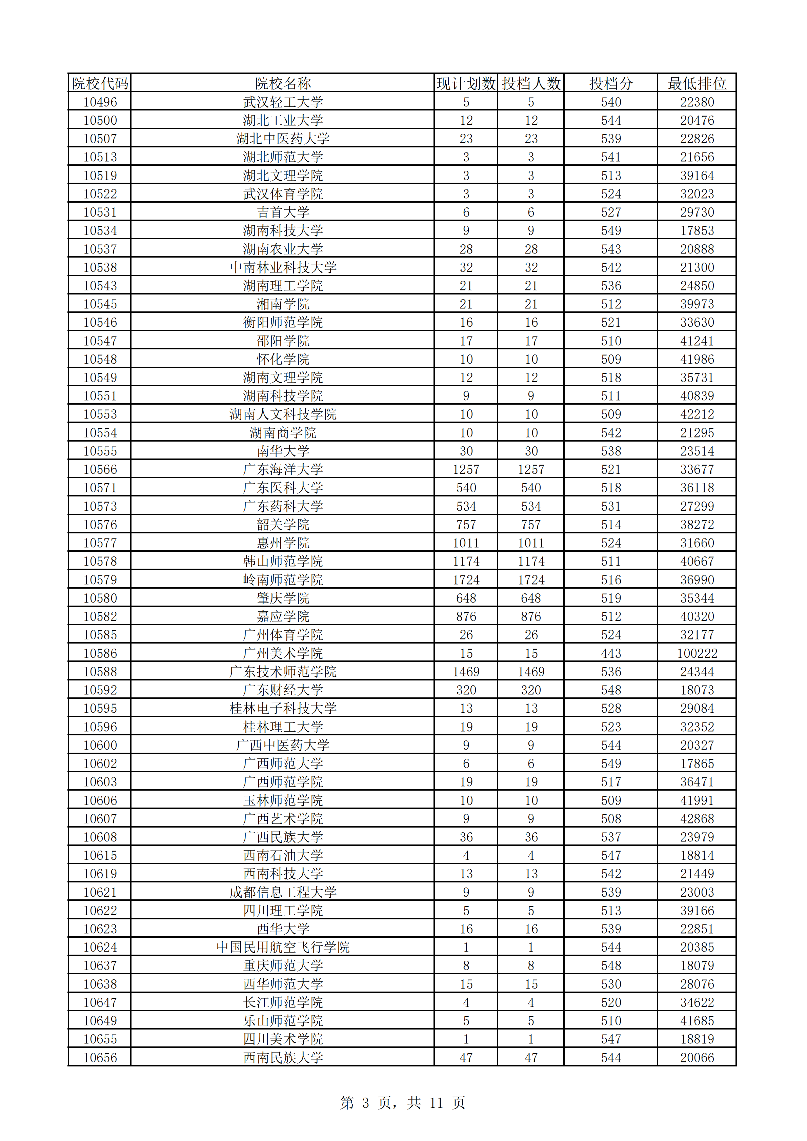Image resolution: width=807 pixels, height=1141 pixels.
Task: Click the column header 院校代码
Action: (100, 83)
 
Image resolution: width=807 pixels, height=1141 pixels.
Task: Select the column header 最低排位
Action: (697, 83)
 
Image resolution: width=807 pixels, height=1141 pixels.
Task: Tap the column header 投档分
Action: (611, 83)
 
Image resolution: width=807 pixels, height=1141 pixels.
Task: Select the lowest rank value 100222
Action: (697, 653)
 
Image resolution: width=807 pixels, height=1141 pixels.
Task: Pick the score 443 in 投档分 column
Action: (611, 653)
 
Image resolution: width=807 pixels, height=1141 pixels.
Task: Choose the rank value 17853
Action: (697, 230)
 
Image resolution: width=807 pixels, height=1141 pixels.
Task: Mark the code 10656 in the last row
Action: (100, 1058)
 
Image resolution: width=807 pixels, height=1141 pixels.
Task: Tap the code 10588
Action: (100, 672)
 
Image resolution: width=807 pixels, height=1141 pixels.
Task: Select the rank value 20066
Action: (697, 1058)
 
